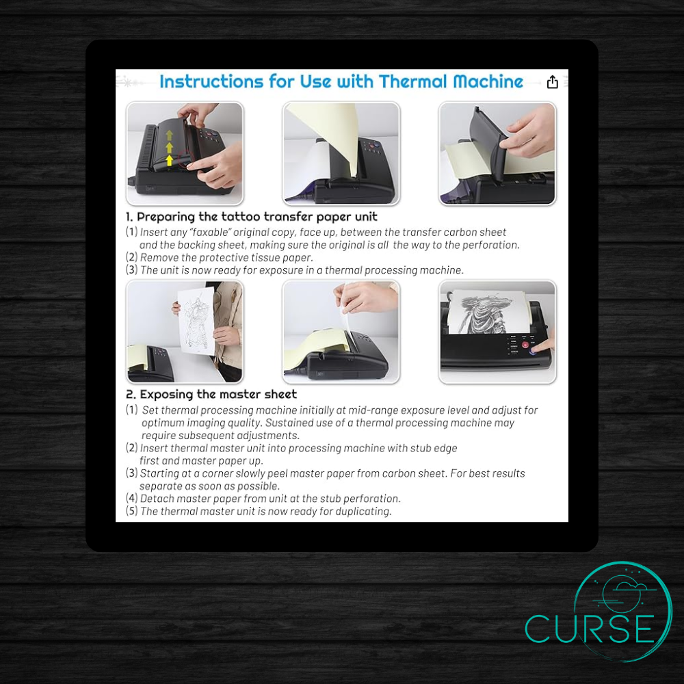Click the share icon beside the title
(553, 82)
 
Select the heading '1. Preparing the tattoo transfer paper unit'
(252, 217)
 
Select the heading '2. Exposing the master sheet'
(211, 394)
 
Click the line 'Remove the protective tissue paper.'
(226, 257)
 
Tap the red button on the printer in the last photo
(526, 345)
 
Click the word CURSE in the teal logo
(590, 629)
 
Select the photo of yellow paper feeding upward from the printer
(341, 153)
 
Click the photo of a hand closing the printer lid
(497, 153)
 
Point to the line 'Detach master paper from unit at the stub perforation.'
(270, 498)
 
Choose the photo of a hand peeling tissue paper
(341, 331)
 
